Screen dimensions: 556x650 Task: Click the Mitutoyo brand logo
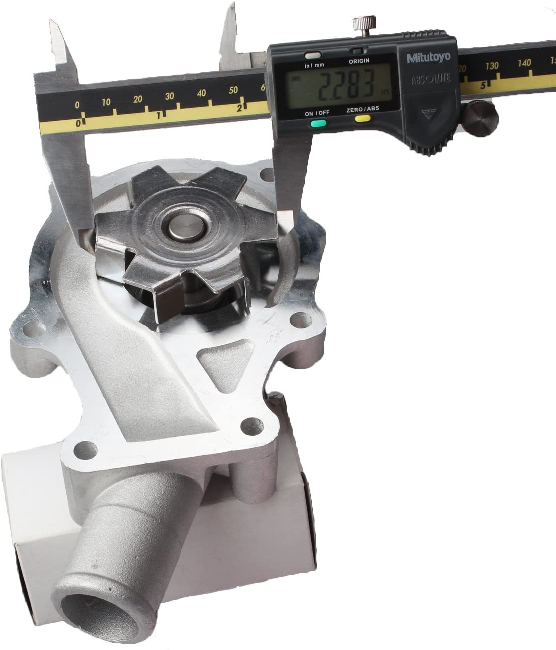[428, 58]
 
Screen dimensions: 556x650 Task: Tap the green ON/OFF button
[318, 123]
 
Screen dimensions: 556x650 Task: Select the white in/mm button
[313, 55]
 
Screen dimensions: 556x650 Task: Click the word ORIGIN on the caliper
[359, 61]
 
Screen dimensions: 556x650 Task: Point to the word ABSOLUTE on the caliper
[431, 79]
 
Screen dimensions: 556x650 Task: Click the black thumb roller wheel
[480, 118]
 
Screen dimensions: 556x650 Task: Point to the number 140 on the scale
[524, 63]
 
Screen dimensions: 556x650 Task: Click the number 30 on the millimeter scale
[169, 96]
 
